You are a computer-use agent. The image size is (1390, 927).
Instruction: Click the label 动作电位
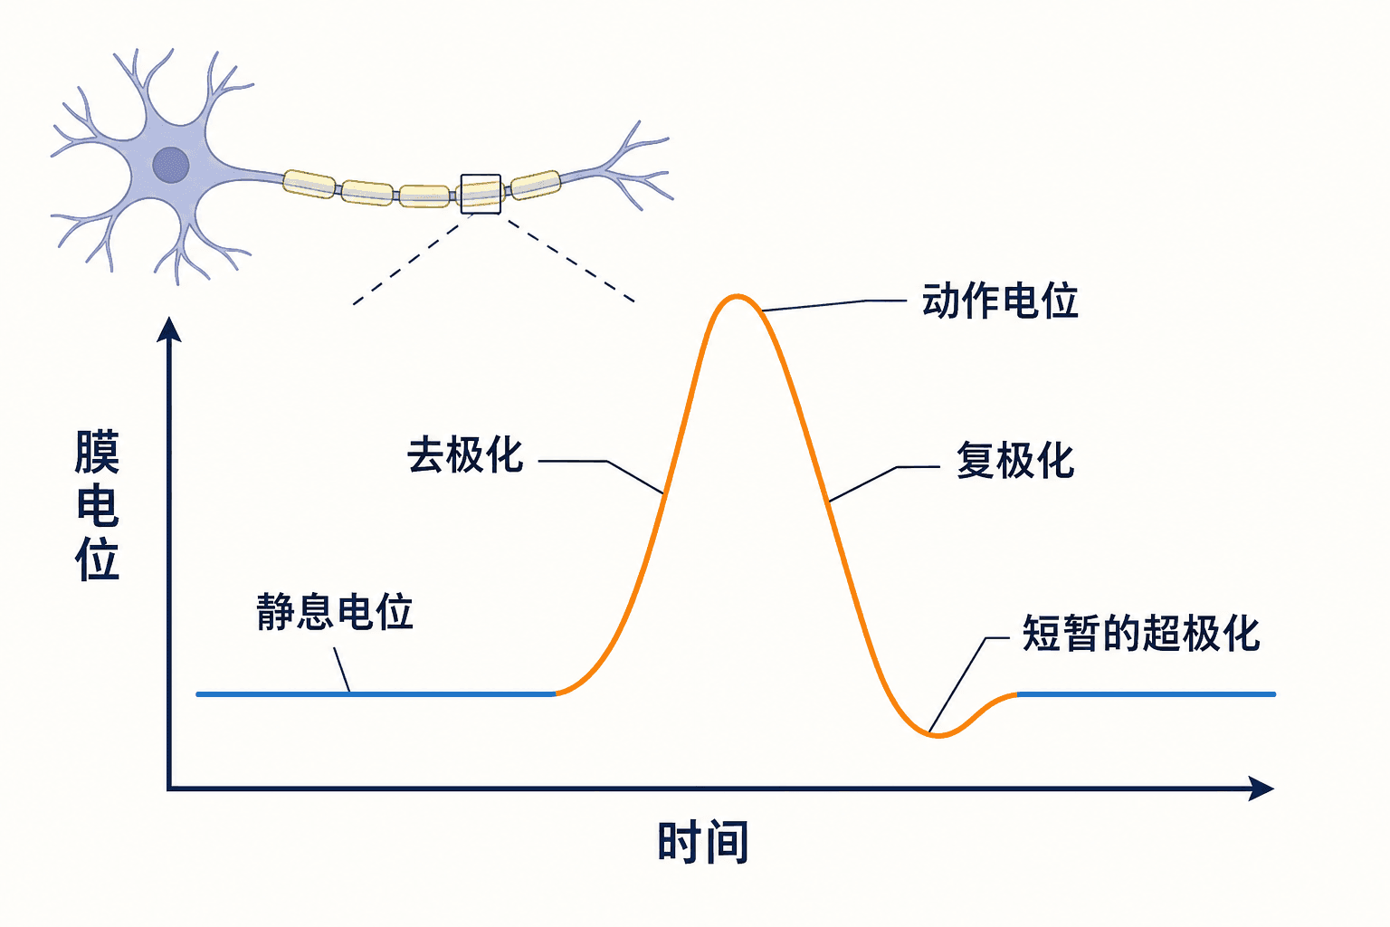coord(1000,301)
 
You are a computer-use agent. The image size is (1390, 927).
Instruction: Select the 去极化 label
coord(465,455)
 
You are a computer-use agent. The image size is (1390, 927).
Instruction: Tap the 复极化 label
coord(1015,461)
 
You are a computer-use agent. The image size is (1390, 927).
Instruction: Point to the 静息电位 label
coord(335,612)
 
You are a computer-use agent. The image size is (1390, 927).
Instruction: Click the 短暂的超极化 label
coord(1140,634)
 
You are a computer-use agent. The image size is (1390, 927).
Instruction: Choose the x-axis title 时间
coord(703,843)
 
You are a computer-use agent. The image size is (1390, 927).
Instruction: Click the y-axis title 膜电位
coord(98,505)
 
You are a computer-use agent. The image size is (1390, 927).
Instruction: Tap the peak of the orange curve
coord(737,297)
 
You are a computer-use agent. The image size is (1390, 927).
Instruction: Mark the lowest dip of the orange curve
coord(938,736)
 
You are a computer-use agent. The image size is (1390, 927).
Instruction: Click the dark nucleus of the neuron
coord(171,165)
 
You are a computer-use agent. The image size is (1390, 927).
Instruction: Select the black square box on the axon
coord(481,195)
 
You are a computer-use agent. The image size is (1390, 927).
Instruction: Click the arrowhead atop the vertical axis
coord(169,330)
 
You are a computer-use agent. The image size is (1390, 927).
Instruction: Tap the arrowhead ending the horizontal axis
coord(1261,788)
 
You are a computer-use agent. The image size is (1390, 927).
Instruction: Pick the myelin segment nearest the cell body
coord(309,184)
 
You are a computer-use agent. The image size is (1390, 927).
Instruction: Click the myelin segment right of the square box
coord(536,185)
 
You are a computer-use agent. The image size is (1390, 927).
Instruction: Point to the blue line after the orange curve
coord(1147,694)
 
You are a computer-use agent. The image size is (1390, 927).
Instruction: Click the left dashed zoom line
coord(413,260)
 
